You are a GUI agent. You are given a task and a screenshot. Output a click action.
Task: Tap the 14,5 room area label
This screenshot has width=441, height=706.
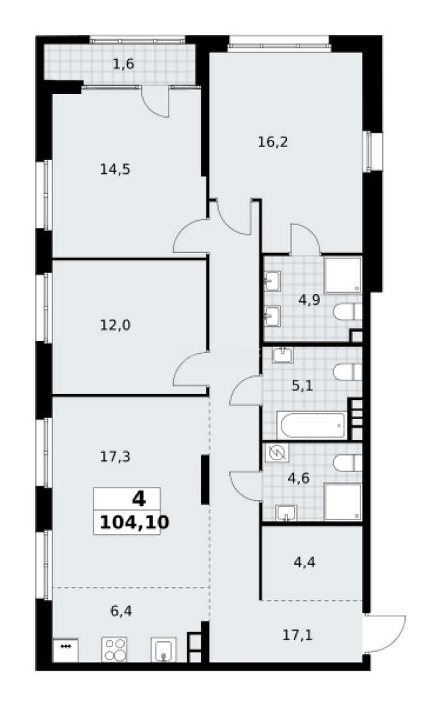[x=115, y=169]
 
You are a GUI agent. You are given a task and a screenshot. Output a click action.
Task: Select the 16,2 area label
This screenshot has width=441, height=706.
[x=272, y=142]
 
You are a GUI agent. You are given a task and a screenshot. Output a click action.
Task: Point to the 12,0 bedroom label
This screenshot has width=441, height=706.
[x=115, y=324]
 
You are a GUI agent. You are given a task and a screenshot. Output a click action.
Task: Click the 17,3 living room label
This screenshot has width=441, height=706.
[x=115, y=456]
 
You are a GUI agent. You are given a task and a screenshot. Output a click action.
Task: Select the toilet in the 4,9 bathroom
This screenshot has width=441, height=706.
[x=348, y=312]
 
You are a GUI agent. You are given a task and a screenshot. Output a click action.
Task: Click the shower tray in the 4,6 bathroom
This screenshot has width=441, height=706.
[x=342, y=502]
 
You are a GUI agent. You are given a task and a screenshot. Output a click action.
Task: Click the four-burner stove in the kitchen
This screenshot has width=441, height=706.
[x=114, y=650]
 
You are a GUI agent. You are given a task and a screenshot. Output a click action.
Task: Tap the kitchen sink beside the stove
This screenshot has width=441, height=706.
[x=163, y=650]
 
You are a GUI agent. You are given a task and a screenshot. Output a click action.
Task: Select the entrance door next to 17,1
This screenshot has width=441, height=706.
[x=385, y=631]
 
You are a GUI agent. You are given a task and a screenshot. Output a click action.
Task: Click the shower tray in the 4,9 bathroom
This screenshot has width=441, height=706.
[x=342, y=275]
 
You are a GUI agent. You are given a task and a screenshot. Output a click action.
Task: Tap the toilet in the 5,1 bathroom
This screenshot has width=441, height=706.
[x=348, y=372]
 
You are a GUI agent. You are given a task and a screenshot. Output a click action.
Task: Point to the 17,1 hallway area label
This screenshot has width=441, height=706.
[x=297, y=633]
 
